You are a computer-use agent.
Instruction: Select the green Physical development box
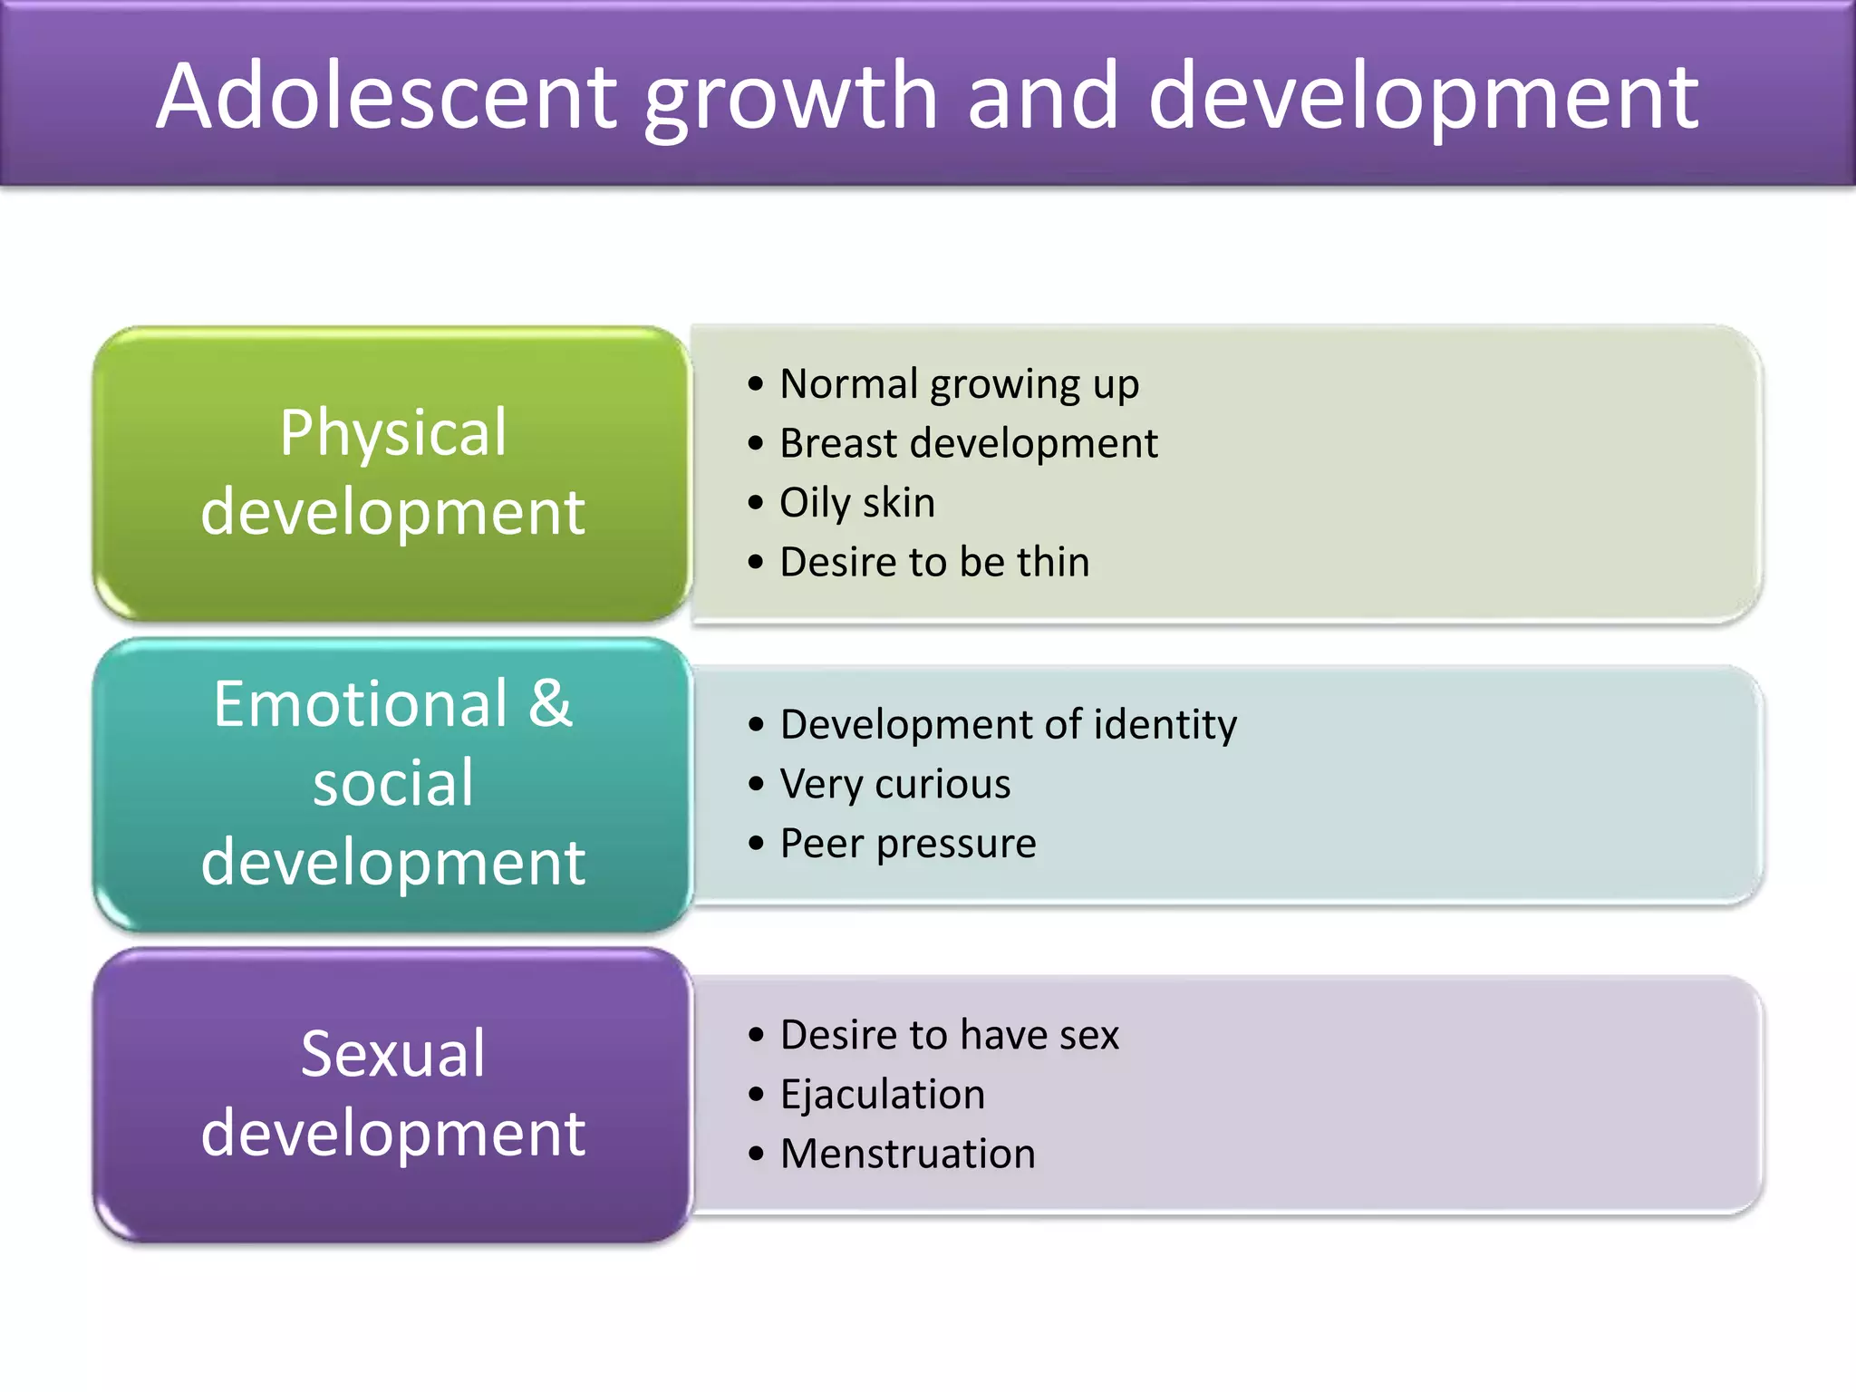point(392,473)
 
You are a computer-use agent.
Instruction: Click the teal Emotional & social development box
point(392,784)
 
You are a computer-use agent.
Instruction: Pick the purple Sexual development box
point(392,1094)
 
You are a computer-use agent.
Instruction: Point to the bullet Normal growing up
point(959,384)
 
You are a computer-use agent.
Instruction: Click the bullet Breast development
point(968,444)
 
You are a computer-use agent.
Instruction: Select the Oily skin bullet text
point(856,503)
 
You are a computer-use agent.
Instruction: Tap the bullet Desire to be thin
point(933,562)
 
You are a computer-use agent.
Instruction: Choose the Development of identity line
point(1008,725)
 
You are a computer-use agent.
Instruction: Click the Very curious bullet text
point(894,784)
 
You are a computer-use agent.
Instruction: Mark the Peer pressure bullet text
point(907,844)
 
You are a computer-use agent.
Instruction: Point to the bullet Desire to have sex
point(949,1035)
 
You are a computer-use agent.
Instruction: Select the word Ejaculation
point(882,1095)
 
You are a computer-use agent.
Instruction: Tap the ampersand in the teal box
point(550,704)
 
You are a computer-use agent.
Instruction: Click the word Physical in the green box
point(392,433)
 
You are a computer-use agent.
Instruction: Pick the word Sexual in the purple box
point(392,1054)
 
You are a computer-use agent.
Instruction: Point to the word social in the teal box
point(392,783)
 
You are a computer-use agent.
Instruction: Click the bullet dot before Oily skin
point(756,503)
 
